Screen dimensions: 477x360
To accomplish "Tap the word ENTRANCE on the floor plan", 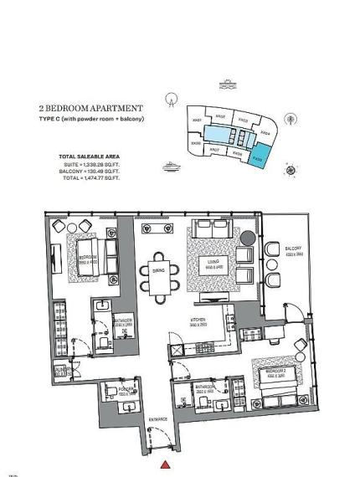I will coord(159,419).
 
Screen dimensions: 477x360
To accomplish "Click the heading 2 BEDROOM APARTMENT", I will coord(90,109).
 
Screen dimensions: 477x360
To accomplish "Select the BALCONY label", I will coord(291,249).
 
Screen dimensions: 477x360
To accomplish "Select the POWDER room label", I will coord(127,389).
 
